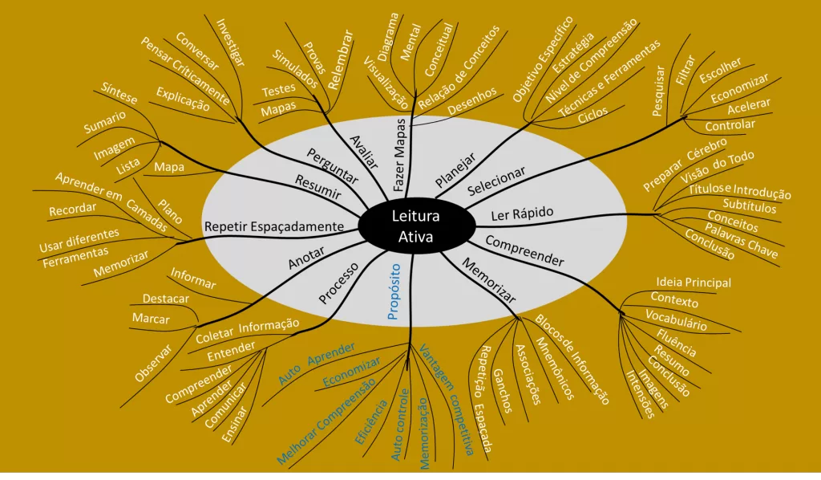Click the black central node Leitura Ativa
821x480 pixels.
click(x=410, y=226)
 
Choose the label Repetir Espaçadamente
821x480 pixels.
click(x=273, y=226)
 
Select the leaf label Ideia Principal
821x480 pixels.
click(x=694, y=282)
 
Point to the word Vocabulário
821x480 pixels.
click(x=676, y=320)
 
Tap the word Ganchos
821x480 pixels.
click(x=503, y=393)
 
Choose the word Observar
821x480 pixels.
click(x=154, y=363)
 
